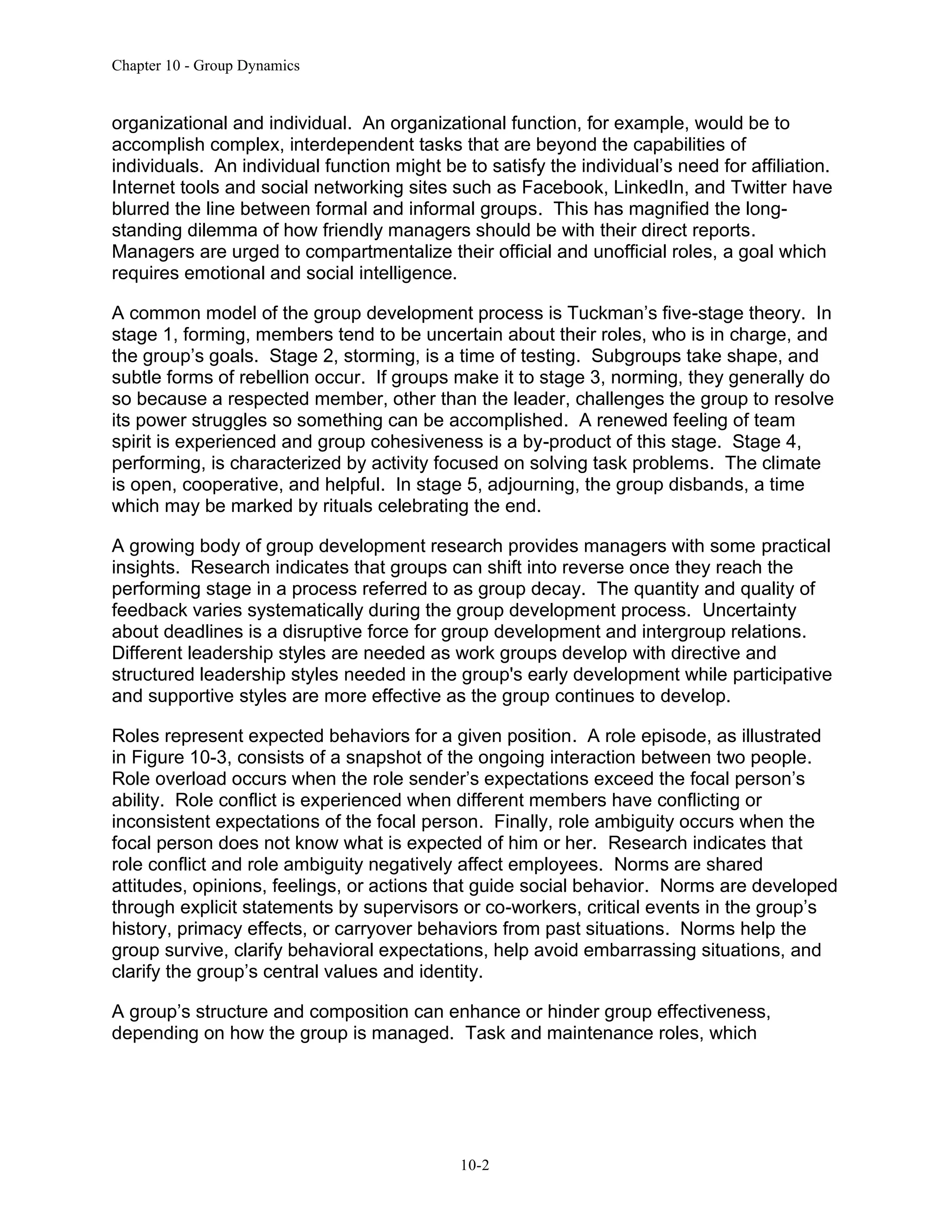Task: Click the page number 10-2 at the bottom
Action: tap(475, 1165)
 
